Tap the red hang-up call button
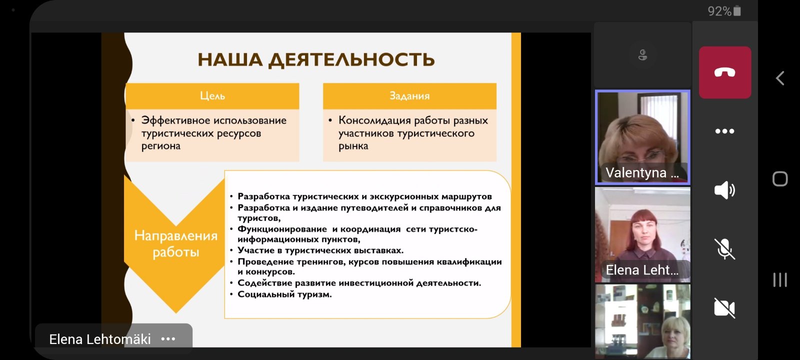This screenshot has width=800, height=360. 724,72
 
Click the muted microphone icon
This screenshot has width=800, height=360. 724,248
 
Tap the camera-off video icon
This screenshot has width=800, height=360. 724,307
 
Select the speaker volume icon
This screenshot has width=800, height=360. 724,190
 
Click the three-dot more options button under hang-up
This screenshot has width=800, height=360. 724,131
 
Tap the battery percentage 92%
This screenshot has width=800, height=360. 719,11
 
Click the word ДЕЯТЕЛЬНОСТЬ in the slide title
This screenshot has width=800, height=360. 351,59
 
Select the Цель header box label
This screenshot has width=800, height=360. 212,95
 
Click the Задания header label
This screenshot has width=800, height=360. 409,95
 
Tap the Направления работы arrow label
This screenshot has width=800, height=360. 175,243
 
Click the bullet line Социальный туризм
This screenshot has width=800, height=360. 284,294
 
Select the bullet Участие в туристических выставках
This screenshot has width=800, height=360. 320,250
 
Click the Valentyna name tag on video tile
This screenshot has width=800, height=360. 642,173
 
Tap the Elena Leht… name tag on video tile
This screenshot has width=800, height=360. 642,270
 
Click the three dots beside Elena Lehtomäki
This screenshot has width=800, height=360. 168,339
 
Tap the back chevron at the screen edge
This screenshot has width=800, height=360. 780,78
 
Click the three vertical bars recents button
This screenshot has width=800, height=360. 780,279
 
